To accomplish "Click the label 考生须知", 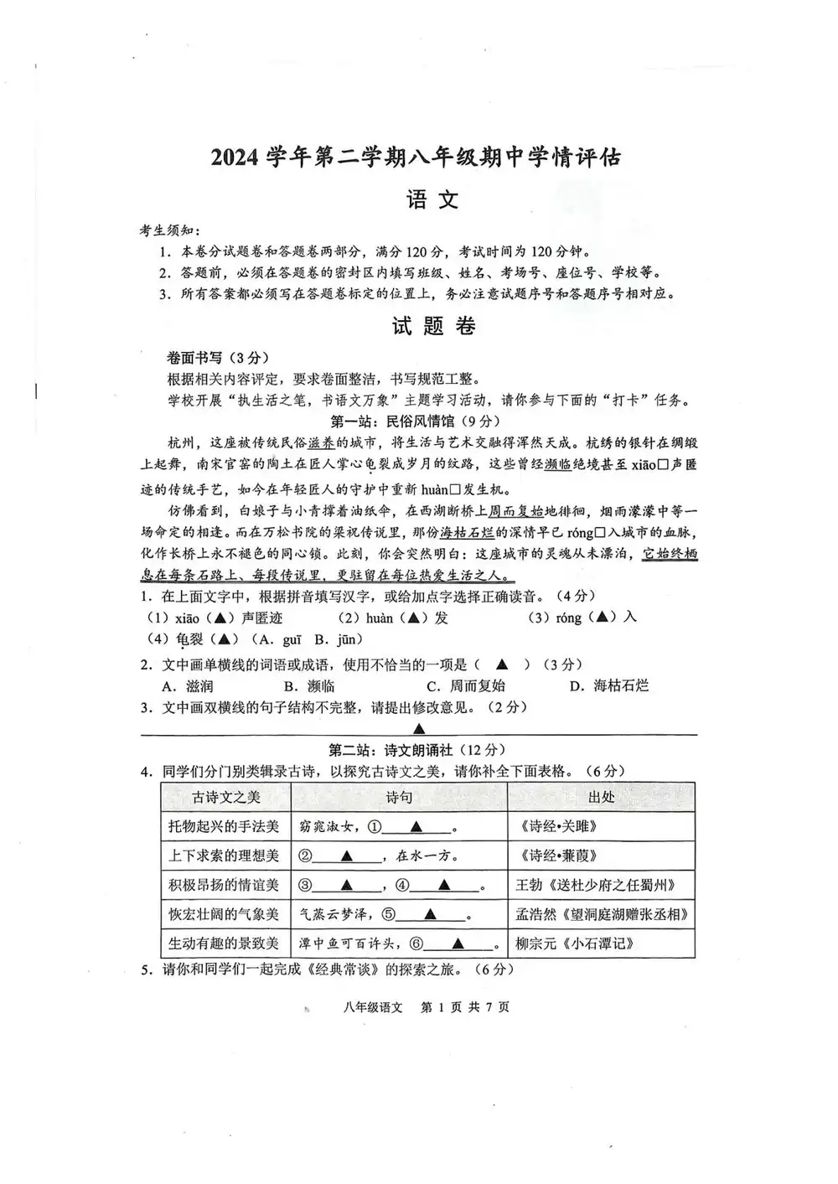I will click(169, 230).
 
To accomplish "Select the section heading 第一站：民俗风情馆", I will click(416, 421).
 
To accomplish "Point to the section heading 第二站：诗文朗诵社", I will click(416, 750).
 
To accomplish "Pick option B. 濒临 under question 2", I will click(304, 685).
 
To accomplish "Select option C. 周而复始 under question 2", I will click(465, 685).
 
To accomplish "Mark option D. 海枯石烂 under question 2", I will click(609, 685).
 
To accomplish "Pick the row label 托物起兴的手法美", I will click(224, 827).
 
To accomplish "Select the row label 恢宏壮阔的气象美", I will click(224, 914).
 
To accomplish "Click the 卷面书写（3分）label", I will click(207, 357).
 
